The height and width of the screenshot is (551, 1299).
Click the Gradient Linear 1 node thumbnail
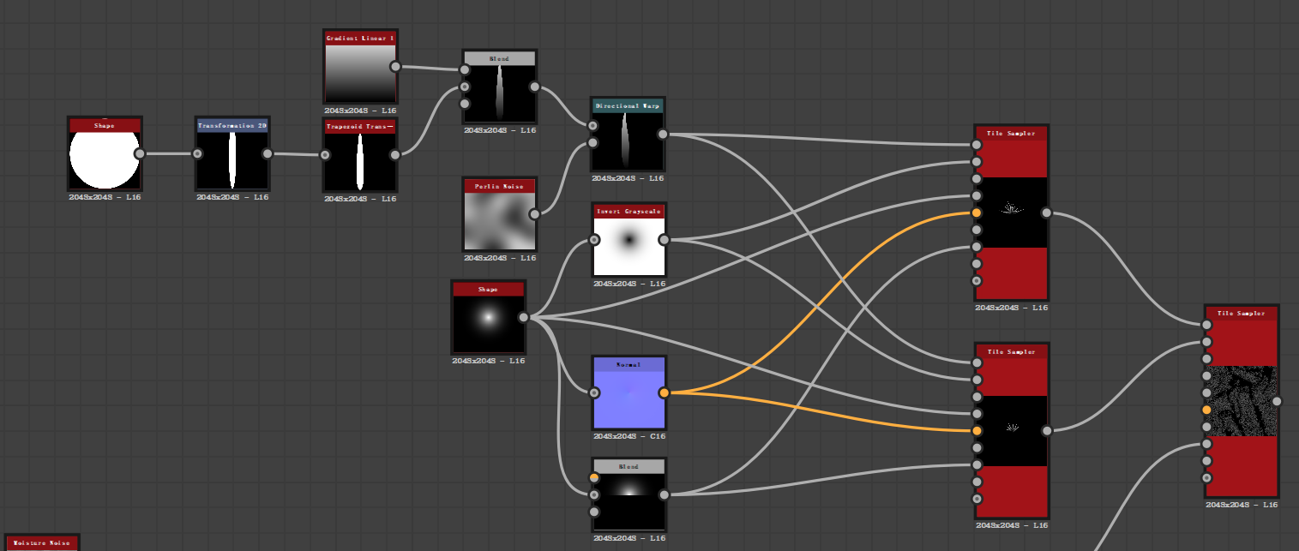click(360, 74)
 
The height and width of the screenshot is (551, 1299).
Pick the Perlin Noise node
click(499, 220)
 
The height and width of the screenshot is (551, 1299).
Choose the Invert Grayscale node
click(628, 246)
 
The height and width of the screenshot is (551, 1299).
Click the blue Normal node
click(628, 399)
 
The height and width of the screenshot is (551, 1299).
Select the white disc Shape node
click(105, 159)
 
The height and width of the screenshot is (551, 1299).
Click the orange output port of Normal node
click(664, 393)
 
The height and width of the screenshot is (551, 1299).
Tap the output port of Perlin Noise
click(534, 214)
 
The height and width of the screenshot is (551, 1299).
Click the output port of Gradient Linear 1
click(395, 66)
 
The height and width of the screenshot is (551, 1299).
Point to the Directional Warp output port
click(663, 134)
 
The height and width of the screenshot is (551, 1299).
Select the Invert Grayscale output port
click(664, 240)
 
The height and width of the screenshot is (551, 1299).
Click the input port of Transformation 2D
click(197, 153)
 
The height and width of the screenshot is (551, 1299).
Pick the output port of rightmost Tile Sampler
click(1277, 401)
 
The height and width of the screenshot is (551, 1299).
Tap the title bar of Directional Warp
click(627, 106)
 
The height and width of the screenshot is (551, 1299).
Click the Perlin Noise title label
click(499, 186)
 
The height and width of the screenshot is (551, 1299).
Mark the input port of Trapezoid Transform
click(325, 155)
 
